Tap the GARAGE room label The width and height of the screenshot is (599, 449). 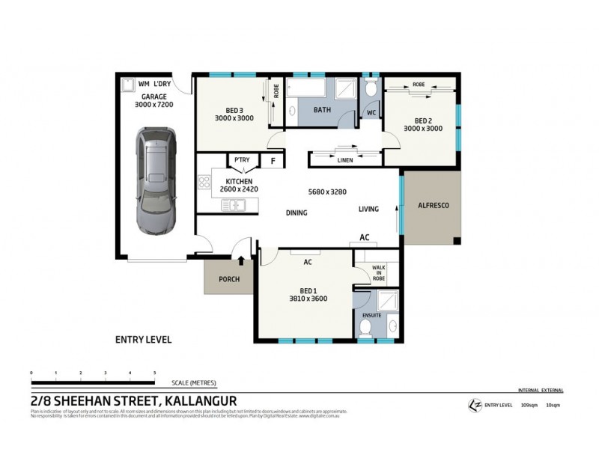point(153,97)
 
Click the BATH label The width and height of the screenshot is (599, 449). point(322,110)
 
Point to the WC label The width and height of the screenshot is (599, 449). point(371,113)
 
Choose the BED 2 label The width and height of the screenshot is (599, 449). point(423,120)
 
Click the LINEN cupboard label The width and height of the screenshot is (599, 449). point(344,159)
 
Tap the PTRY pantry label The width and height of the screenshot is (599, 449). point(242,159)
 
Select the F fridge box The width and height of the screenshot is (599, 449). point(273,159)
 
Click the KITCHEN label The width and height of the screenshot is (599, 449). point(239,181)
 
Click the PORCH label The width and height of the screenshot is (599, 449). point(229,279)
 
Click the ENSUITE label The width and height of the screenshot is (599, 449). point(372,315)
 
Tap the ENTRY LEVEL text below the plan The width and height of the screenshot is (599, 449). point(143,339)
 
